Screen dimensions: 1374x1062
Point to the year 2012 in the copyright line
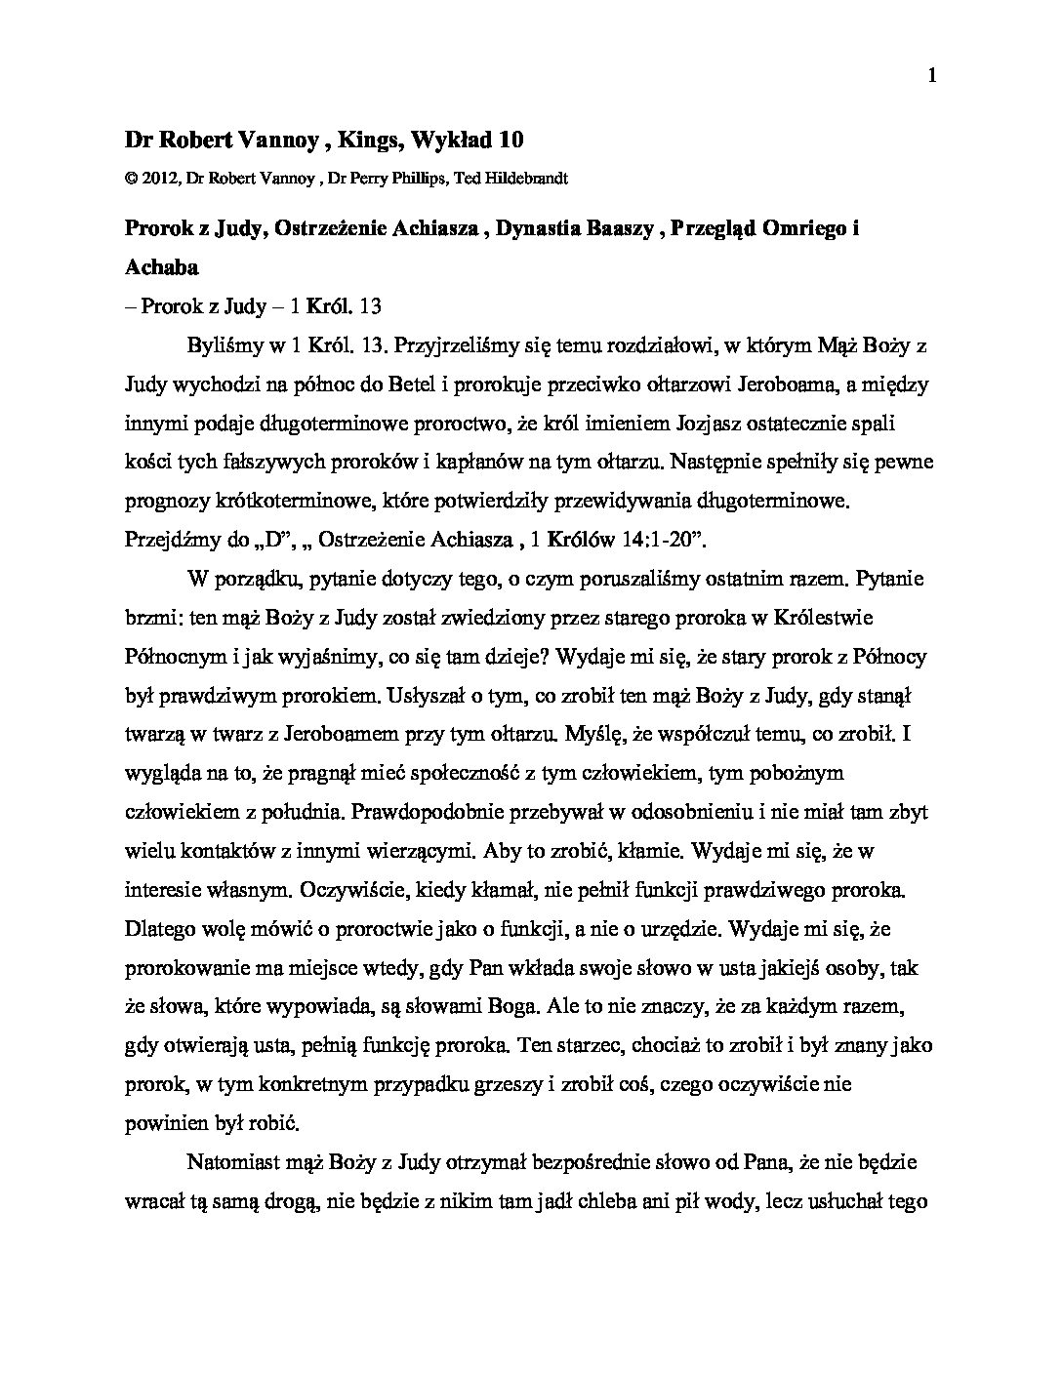pos(157,179)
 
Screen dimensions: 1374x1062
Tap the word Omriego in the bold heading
pos(805,228)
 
